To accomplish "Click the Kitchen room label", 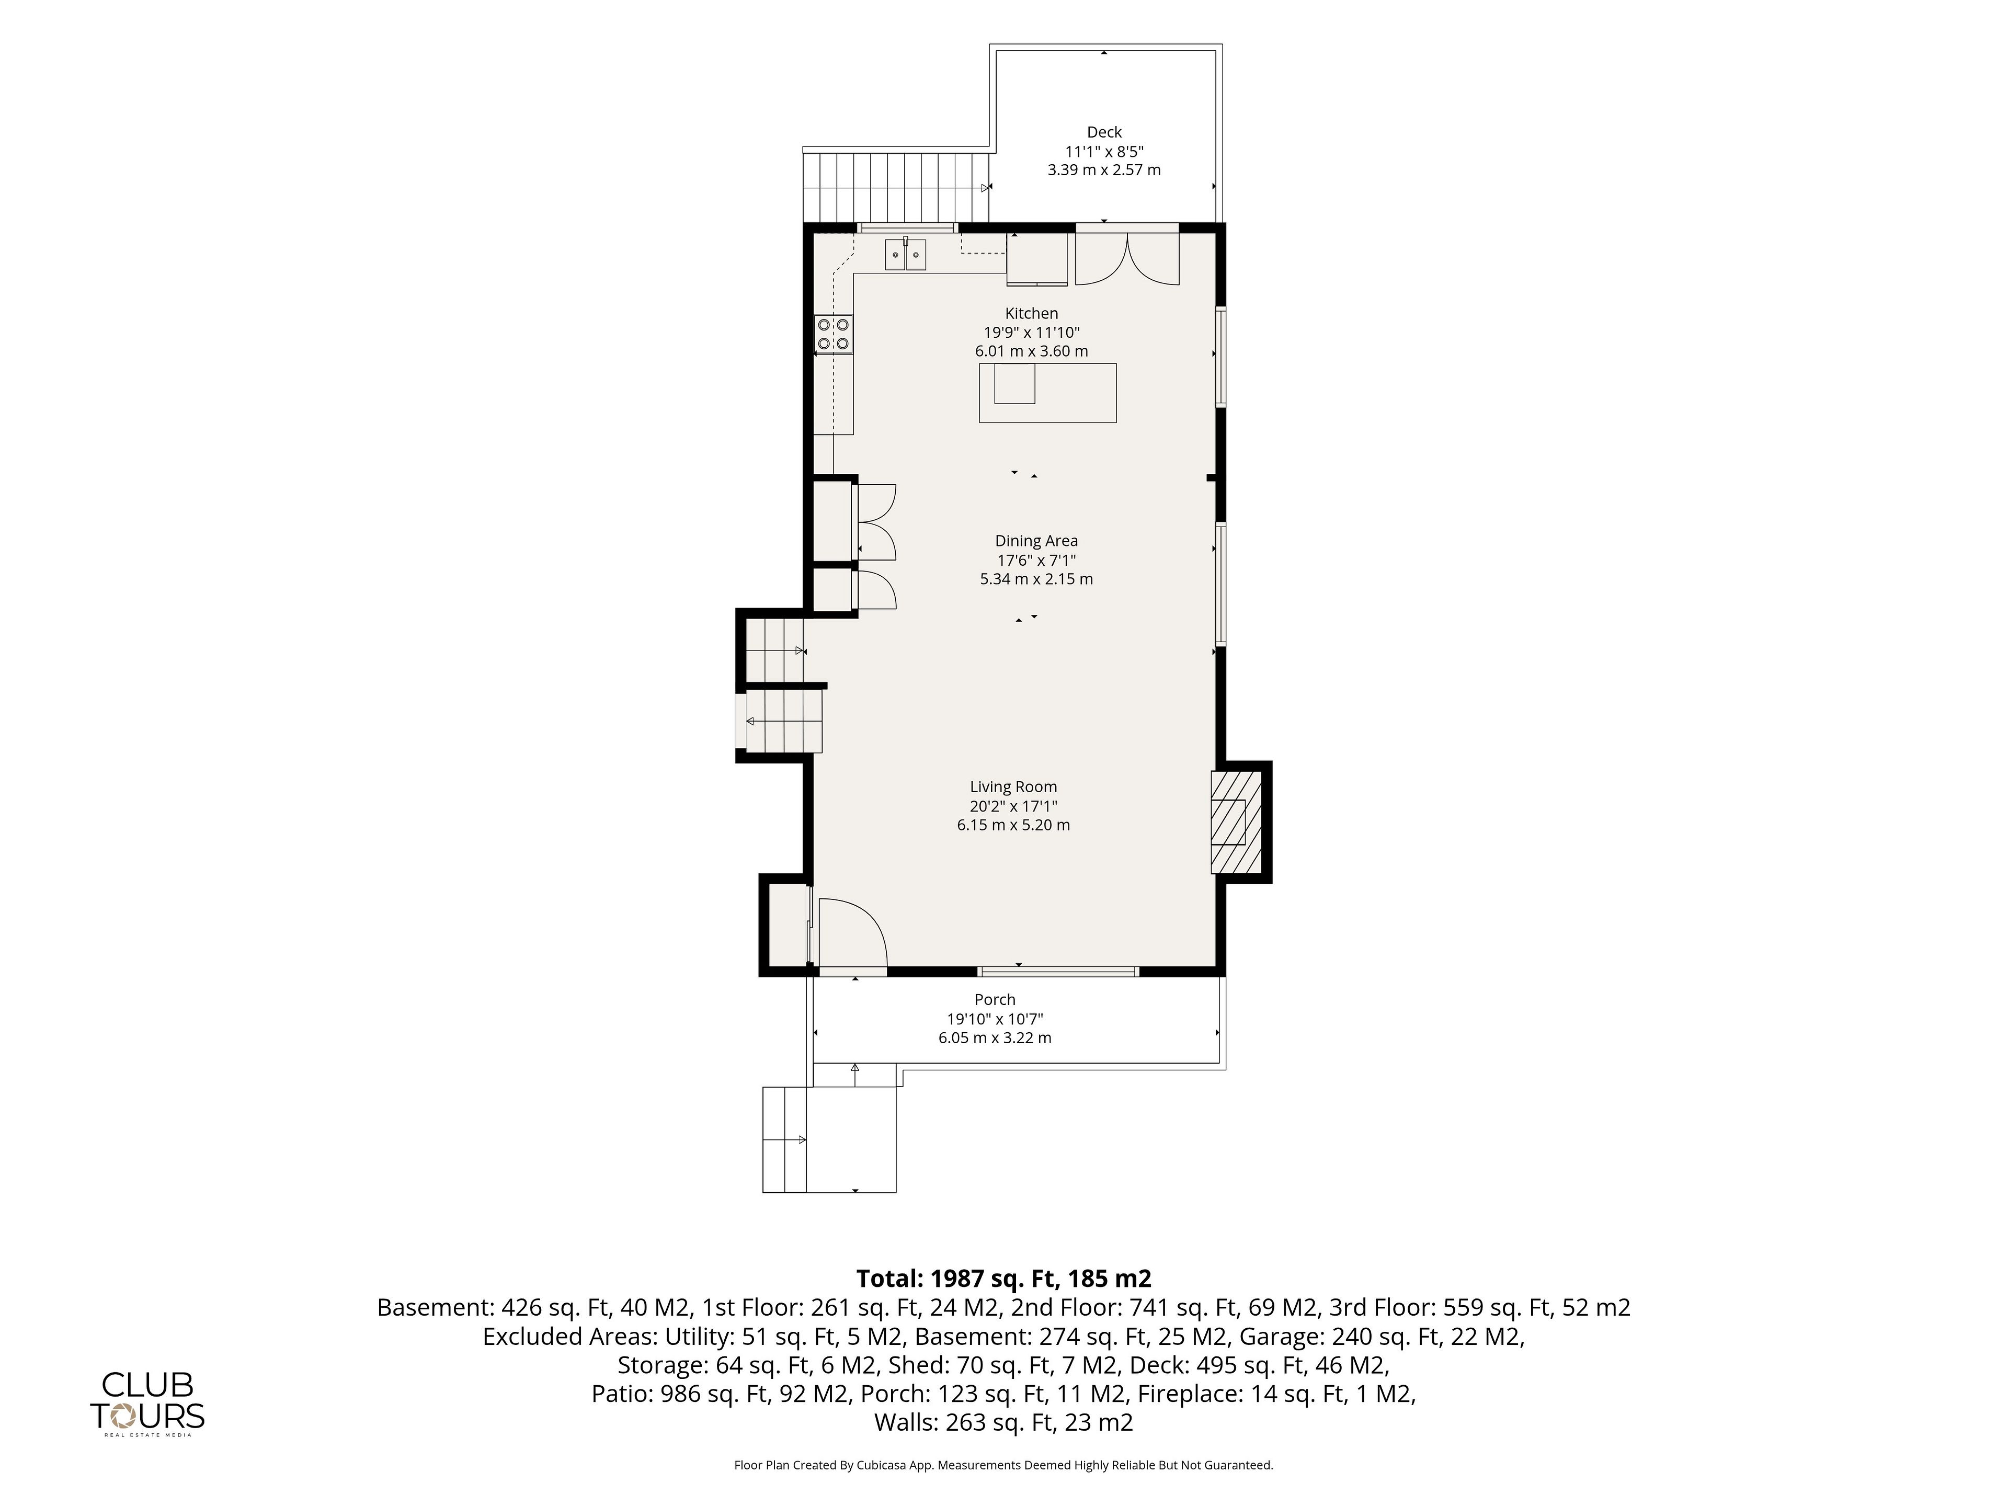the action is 1031,313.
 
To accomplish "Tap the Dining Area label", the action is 1036,541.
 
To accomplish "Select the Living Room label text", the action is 1013,787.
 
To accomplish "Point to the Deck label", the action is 1104,132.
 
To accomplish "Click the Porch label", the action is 995,999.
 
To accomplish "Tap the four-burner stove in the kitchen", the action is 834,333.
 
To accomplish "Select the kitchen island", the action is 1047,393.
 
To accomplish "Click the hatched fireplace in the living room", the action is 1236,823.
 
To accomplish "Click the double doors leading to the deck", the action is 1127,259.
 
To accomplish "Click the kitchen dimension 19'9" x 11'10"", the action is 1031,332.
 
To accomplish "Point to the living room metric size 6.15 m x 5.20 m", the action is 1013,825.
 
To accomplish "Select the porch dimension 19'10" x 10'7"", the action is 995,1019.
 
